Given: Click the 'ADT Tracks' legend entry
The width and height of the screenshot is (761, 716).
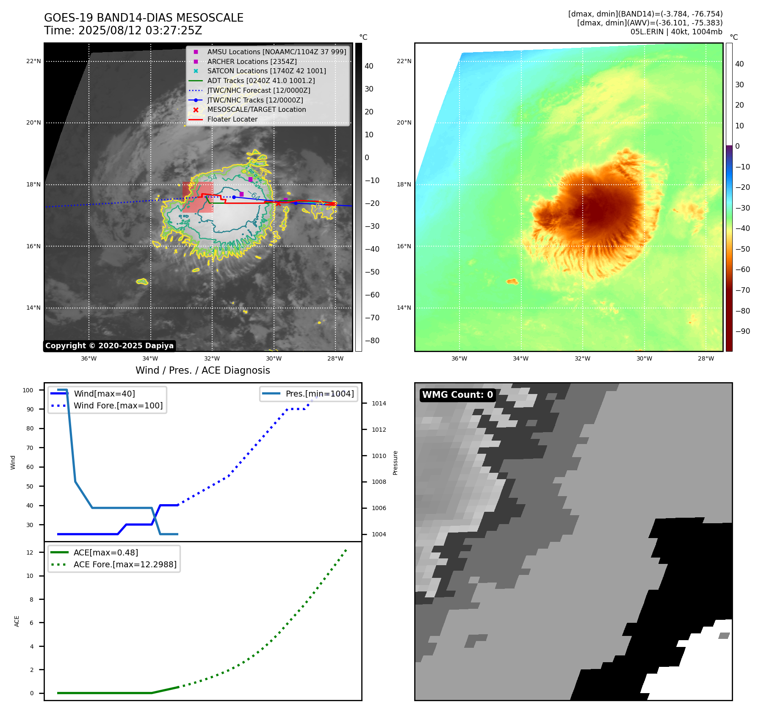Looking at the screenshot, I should tap(261, 80).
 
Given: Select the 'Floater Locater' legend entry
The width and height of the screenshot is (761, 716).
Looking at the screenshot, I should tap(232, 119).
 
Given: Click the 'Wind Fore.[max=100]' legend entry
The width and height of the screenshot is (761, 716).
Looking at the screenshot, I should tap(118, 405).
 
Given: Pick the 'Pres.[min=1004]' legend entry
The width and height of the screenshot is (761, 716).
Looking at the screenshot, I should tap(319, 394).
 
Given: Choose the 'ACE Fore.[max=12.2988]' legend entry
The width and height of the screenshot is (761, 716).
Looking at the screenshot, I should tap(125, 564).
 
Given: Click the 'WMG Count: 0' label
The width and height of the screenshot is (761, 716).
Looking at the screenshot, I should tap(457, 395).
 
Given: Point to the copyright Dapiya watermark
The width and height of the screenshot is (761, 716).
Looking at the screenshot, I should tap(109, 346).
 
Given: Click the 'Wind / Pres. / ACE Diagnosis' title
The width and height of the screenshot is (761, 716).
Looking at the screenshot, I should tap(202, 370).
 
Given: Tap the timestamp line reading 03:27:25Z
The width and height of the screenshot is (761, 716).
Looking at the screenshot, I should tap(123, 31).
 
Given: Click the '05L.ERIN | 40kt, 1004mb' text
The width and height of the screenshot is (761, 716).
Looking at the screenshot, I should tap(676, 32).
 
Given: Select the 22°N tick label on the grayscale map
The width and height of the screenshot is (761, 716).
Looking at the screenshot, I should tap(33, 61).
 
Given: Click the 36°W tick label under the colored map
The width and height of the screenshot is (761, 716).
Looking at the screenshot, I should tap(459, 358).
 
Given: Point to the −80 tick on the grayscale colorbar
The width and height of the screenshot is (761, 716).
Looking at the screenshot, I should tap(372, 341).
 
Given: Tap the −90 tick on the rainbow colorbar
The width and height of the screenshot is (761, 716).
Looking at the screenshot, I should tap(742, 331).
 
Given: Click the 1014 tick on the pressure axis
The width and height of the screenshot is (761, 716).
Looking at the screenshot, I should tap(379, 403).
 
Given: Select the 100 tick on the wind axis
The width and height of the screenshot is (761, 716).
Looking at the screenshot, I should tap(28, 390).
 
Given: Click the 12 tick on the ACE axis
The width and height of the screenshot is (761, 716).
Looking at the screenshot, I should tap(30, 552).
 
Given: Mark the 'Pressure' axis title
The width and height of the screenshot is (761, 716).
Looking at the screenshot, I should tap(395, 463).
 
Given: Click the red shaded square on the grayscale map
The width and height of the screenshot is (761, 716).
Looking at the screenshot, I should tap(198, 197).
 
